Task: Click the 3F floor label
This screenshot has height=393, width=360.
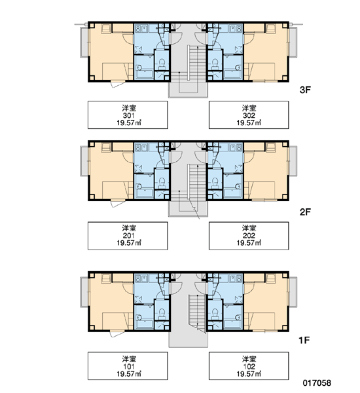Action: pyautogui.click(x=305, y=90)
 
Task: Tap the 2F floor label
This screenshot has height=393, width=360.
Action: pyautogui.click(x=305, y=212)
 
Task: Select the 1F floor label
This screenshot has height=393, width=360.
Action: pyautogui.click(x=304, y=340)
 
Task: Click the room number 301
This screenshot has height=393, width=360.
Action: pyautogui.click(x=128, y=115)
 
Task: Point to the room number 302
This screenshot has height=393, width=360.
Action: pyautogui.click(x=249, y=115)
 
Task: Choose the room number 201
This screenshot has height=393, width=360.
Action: pyautogui.click(x=128, y=236)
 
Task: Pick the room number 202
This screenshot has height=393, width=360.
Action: pyautogui.click(x=249, y=236)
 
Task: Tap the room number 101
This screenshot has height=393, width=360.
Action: pyautogui.click(x=128, y=366)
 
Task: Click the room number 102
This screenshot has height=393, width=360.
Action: pyautogui.click(x=249, y=366)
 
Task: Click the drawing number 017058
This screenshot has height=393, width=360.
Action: pyautogui.click(x=317, y=383)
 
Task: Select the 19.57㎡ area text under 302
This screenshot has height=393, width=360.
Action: pyautogui.click(x=249, y=123)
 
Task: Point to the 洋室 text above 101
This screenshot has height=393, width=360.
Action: pyautogui.click(x=129, y=359)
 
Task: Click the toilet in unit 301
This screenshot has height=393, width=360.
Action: pyautogui.click(x=162, y=64)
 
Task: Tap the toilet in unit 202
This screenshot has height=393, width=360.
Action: pyautogui.click(x=215, y=183)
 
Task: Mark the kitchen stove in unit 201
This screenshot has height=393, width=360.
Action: pyautogui.click(x=137, y=147)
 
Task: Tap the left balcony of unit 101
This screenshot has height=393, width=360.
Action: pyautogui.click(x=84, y=292)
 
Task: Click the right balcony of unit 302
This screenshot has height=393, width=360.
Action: pyautogui.click(x=293, y=42)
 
